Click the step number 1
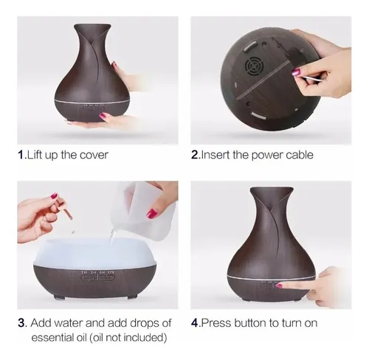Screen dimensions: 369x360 tap(21, 155)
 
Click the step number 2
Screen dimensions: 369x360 tap(195, 155)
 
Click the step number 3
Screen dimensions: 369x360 tap(21, 323)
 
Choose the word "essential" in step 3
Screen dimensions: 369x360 tap(52, 337)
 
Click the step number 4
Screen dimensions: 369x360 tap(195, 323)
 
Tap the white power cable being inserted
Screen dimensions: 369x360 tap(310, 79)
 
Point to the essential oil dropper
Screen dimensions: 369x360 tap(65, 208)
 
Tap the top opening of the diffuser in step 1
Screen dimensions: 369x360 tap(92, 26)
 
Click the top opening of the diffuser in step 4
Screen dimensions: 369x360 tap(272, 189)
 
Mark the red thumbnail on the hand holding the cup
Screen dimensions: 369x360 tap(152, 213)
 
